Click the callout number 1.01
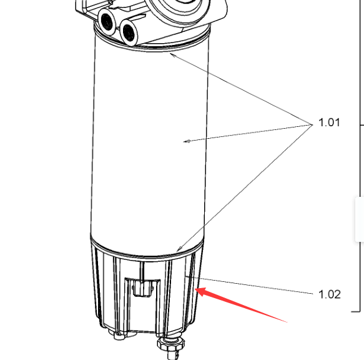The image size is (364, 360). click(329, 122)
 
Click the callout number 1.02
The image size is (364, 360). click(330, 294)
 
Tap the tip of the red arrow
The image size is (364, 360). click(195, 289)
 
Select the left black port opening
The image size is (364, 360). click(107, 22)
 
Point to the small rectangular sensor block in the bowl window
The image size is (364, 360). click(142, 288)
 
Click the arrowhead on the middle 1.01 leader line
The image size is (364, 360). click(187, 141)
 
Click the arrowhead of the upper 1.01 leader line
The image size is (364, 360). click(172, 55)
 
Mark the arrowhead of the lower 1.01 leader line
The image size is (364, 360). click(179, 249)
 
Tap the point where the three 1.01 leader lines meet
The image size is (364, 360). click(312, 124)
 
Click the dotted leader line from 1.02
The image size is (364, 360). click(249, 285)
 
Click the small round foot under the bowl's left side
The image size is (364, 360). click(119, 336)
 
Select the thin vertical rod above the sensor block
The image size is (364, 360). click(141, 271)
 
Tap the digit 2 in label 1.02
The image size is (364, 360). click(337, 294)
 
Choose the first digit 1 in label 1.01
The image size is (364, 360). click(321, 122)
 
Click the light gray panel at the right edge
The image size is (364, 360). click(360, 219)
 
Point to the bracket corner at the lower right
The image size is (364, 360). click(360, 312)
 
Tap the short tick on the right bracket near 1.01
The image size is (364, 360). click(362, 125)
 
